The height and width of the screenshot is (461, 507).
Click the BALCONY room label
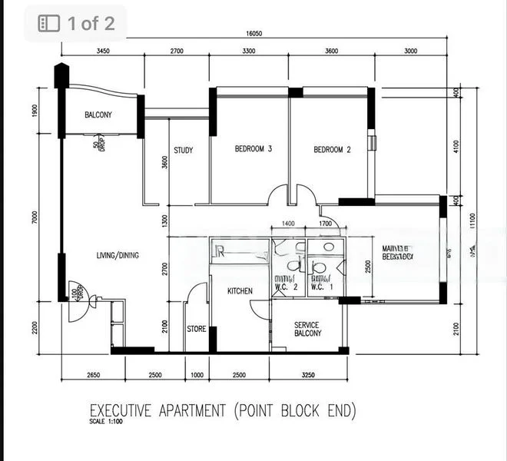click(98, 115)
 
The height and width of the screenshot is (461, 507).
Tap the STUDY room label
click(183, 151)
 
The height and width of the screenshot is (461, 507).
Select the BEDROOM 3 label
click(253, 149)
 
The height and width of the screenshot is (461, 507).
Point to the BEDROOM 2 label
click(332, 150)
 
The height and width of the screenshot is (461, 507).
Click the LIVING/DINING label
click(118, 256)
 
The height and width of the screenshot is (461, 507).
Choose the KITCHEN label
click(240, 292)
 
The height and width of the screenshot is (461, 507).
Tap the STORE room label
click(197, 329)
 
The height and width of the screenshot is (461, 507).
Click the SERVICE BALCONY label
click(307, 330)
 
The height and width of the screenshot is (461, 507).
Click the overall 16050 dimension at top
click(255, 34)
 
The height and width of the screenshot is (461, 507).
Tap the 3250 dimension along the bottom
click(309, 375)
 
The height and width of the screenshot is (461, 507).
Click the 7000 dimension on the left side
click(34, 218)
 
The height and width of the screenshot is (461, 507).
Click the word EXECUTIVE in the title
click(121, 410)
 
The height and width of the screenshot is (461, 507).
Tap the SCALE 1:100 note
click(107, 422)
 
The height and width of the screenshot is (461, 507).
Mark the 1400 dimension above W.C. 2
click(288, 223)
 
